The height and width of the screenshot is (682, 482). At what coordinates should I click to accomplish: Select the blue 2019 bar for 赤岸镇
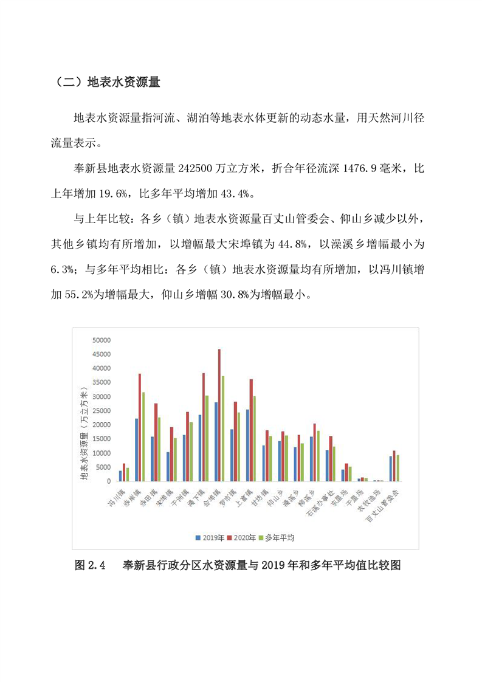(137, 450)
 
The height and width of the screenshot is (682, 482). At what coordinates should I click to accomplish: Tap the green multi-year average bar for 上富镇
(254, 439)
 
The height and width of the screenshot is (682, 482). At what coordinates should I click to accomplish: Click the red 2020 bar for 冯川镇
(124, 472)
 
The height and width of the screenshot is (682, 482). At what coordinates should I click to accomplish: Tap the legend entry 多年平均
(277, 538)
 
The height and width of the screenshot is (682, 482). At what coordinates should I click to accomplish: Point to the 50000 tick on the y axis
(101, 340)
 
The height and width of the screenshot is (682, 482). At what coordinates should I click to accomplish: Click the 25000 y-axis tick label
(101, 411)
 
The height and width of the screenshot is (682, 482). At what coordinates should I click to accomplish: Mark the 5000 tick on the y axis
(103, 467)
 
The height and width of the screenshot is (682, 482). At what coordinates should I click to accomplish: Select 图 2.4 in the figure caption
(90, 565)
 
